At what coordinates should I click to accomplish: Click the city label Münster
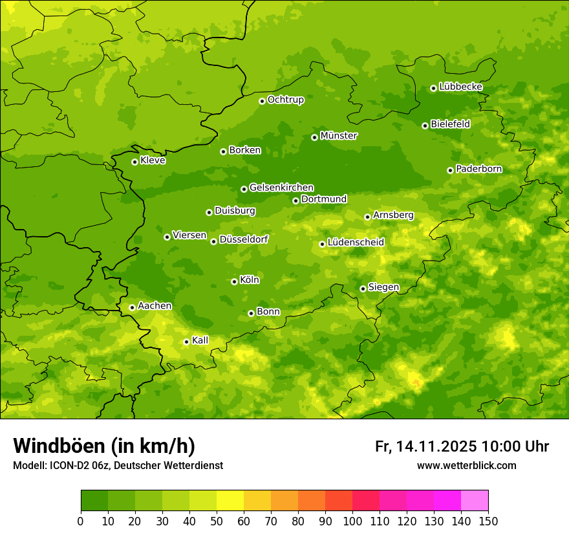tap(339, 136)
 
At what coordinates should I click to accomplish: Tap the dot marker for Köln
tap(234, 281)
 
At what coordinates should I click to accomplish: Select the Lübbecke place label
tap(460, 87)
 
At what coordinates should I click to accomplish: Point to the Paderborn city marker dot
tap(450, 170)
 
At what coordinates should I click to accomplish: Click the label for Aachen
tap(155, 305)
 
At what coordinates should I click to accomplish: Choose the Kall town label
tap(200, 340)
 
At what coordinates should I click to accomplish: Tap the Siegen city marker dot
tap(363, 289)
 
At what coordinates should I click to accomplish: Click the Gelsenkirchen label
tap(281, 188)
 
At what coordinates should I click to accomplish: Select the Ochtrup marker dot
tap(262, 100)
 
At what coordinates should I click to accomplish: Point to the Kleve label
tap(153, 160)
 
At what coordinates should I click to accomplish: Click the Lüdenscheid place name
tap(356, 243)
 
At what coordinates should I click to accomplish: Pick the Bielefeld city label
tap(450, 124)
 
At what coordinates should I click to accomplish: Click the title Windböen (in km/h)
tap(104, 446)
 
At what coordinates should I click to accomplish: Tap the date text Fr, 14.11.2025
tap(425, 446)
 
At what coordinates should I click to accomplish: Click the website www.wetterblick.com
tap(466, 466)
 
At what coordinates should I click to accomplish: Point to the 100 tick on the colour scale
tap(352, 521)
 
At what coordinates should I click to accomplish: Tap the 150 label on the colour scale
tap(488, 521)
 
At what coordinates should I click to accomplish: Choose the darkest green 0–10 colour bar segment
tap(94, 501)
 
